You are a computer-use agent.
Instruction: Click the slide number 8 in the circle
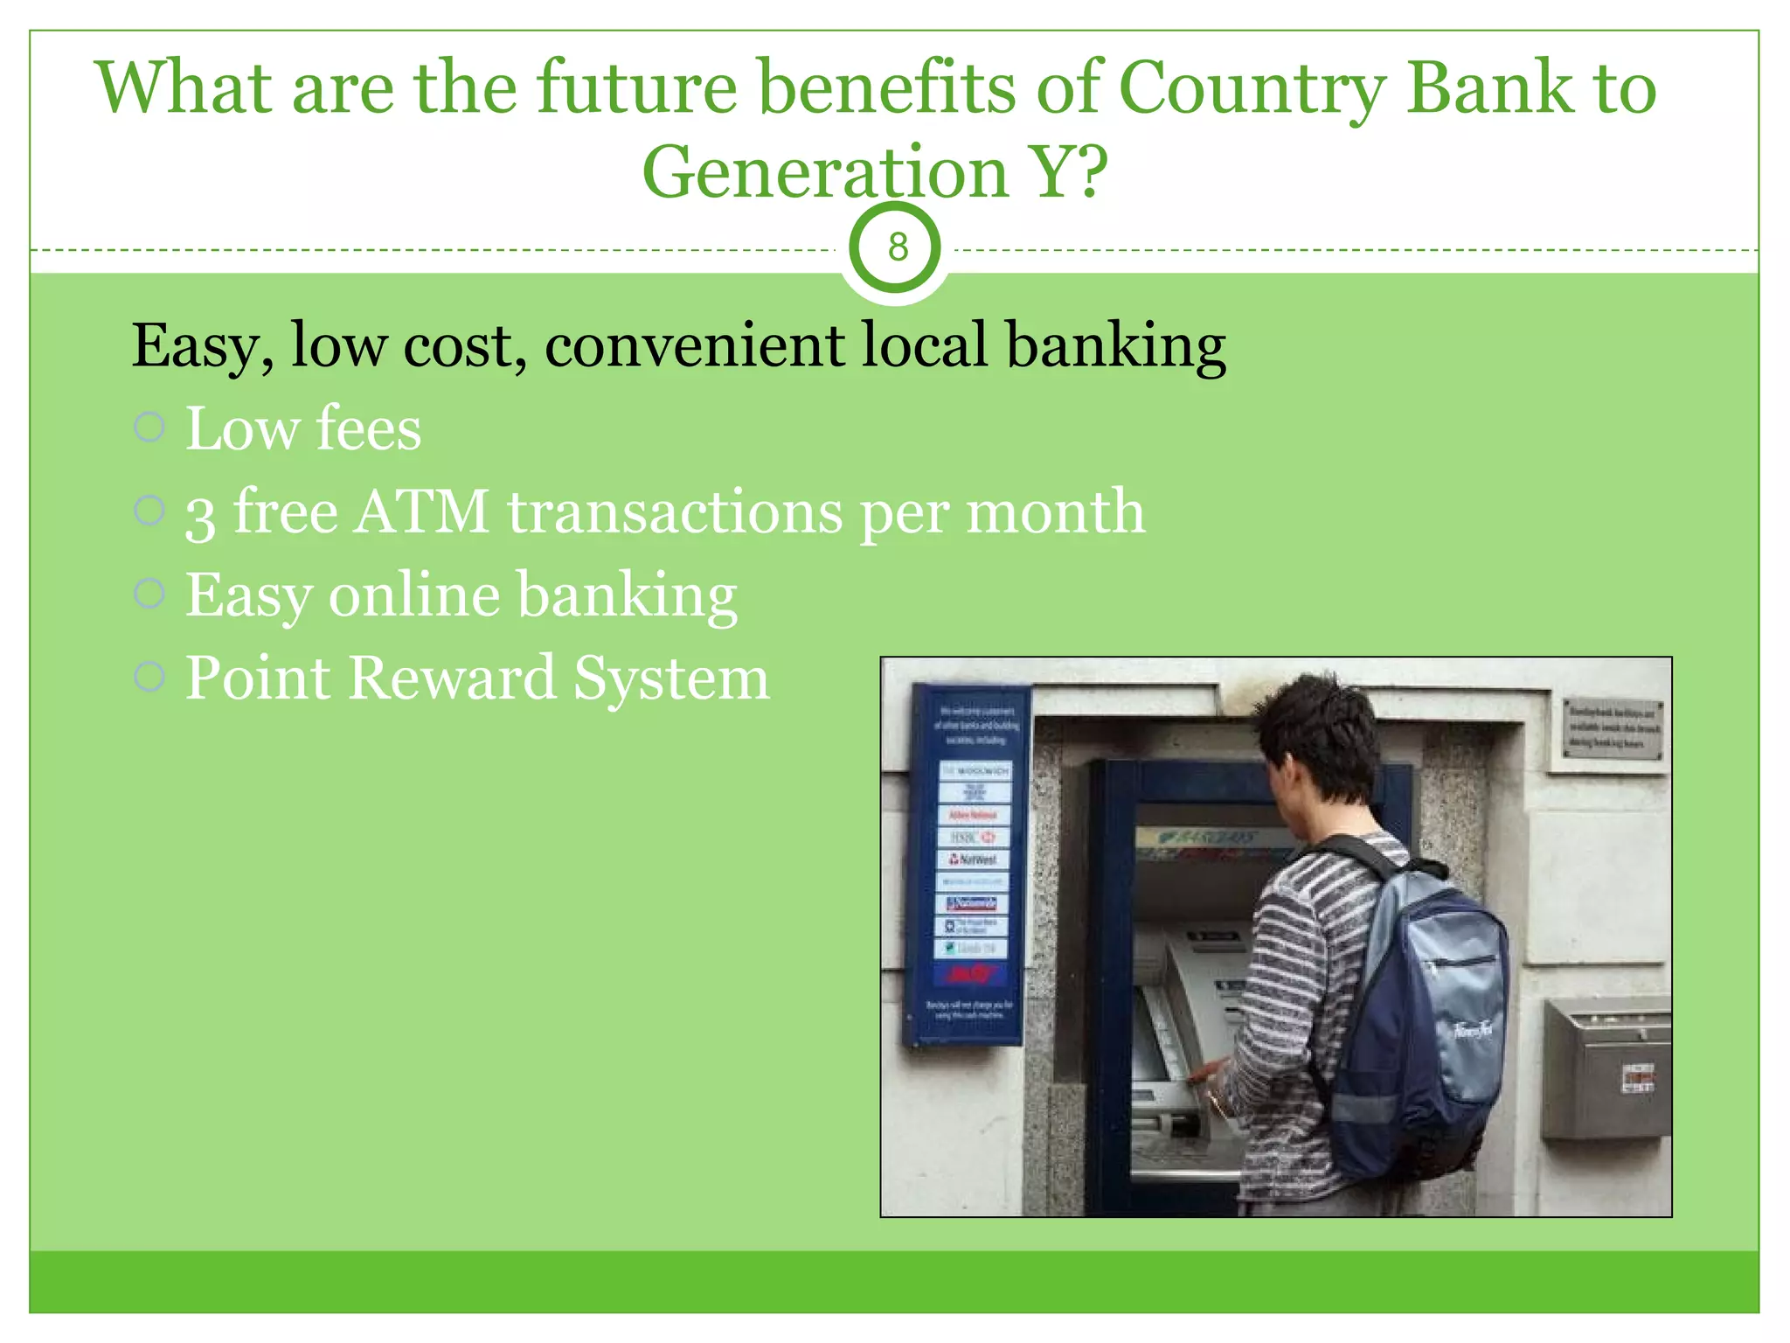click(898, 248)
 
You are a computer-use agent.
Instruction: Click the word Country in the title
click(1252, 87)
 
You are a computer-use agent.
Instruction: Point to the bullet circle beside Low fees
click(149, 428)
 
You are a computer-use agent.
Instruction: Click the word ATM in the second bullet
click(421, 511)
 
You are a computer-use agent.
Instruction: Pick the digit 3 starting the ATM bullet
click(199, 516)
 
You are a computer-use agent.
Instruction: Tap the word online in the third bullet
click(414, 595)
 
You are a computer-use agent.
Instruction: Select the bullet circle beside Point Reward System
click(149, 676)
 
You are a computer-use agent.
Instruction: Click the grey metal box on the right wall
click(1606, 1067)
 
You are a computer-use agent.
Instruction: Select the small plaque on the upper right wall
click(1612, 727)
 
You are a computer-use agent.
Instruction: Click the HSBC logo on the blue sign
click(973, 838)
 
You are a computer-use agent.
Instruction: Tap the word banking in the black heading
click(1115, 345)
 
